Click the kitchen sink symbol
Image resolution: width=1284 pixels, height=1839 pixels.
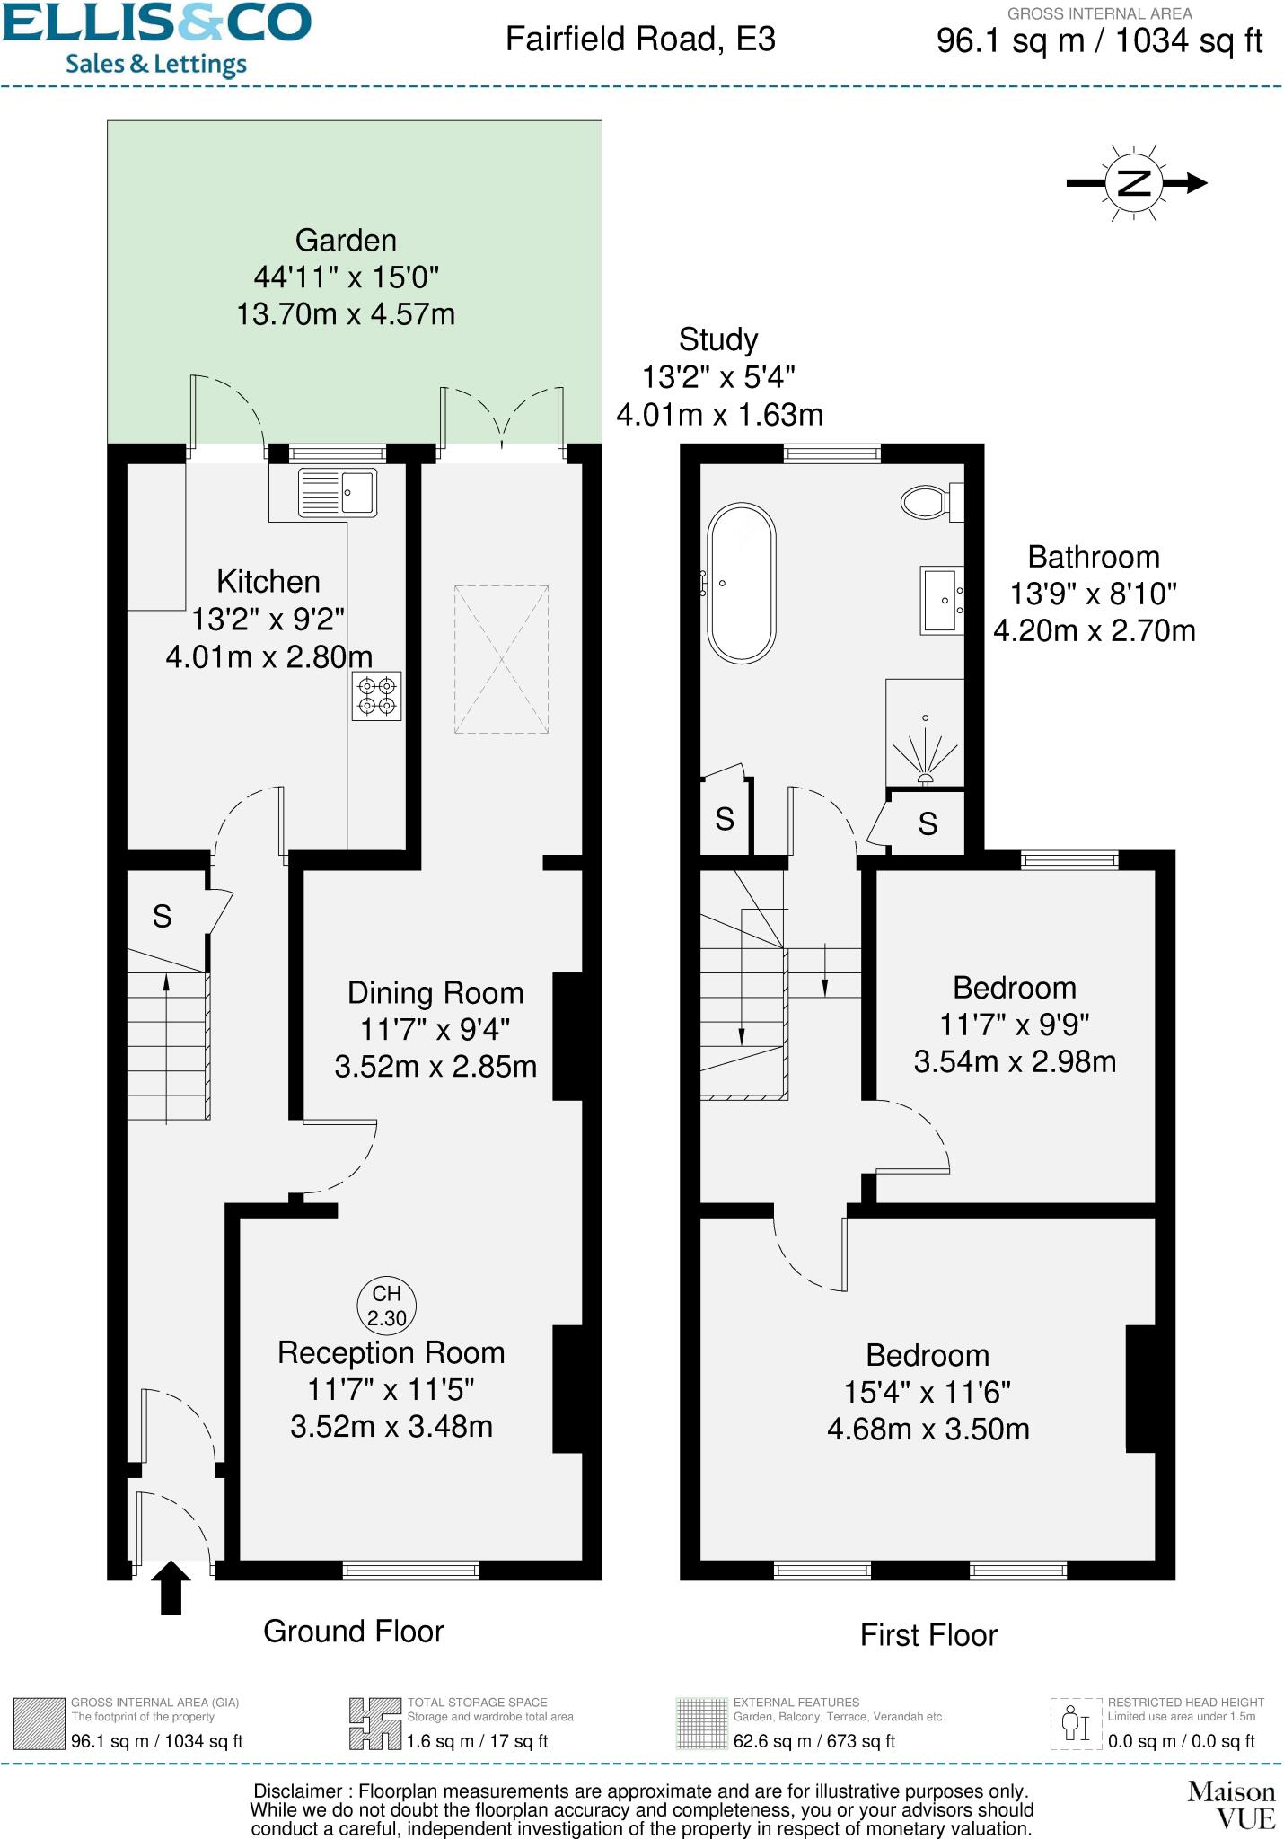(x=337, y=492)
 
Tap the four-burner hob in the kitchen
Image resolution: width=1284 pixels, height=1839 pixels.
(x=376, y=696)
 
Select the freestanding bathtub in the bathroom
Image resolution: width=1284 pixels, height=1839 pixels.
(x=741, y=584)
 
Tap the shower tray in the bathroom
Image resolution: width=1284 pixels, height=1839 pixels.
(x=925, y=732)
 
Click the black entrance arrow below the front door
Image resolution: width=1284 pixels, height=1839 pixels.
(x=171, y=1587)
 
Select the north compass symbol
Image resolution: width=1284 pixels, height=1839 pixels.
(x=1135, y=183)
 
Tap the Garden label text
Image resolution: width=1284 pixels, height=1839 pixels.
(x=346, y=241)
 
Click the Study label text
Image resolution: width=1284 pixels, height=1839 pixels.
(x=718, y=339)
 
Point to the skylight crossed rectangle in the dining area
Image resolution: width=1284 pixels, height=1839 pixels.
(x=501, y=660)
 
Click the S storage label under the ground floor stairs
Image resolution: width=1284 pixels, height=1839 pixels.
(x=162, y=916)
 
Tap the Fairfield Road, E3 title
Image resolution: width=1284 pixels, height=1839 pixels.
(x=640, y=40)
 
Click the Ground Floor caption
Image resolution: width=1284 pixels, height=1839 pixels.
(x=354, y=1632)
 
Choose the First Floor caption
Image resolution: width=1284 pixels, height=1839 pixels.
(x=928, y=1635)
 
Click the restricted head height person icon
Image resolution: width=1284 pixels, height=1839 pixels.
(x=1076, y=1723)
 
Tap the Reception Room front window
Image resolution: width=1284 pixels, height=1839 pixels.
(x=411, y=1571)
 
